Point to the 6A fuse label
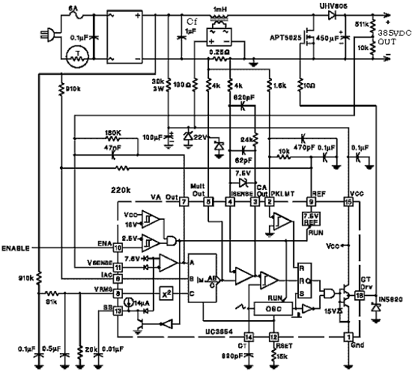[x=73, y=7]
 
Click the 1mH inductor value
[x=219, y=9]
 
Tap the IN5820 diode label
[x=390, y=300]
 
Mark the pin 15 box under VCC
[x=348, y=202]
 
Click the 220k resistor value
[x=121, y=190]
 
